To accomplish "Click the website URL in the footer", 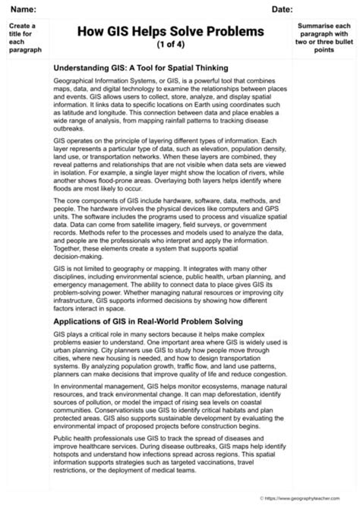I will (x=311, y=499).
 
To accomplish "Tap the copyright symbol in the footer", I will (x=261, y=499).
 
